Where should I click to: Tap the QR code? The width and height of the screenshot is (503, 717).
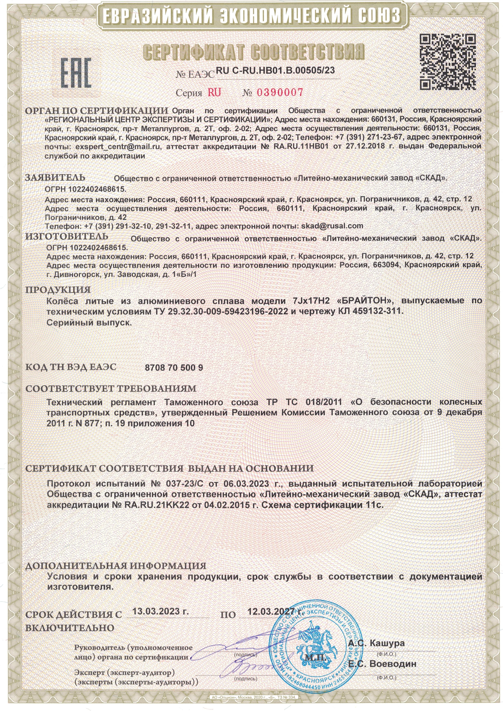point(447,62)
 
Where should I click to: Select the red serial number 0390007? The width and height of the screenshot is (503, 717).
point(280,92)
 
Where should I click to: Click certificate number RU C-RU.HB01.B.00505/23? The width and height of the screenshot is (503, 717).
point(275,71)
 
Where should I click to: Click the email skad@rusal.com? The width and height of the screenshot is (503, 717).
point(332,226)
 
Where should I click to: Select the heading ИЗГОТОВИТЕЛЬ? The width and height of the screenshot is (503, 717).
point(67,236)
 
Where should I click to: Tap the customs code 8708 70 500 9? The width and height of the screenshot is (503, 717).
point(174,368)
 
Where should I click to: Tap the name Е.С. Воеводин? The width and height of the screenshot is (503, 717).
point(382,664)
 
